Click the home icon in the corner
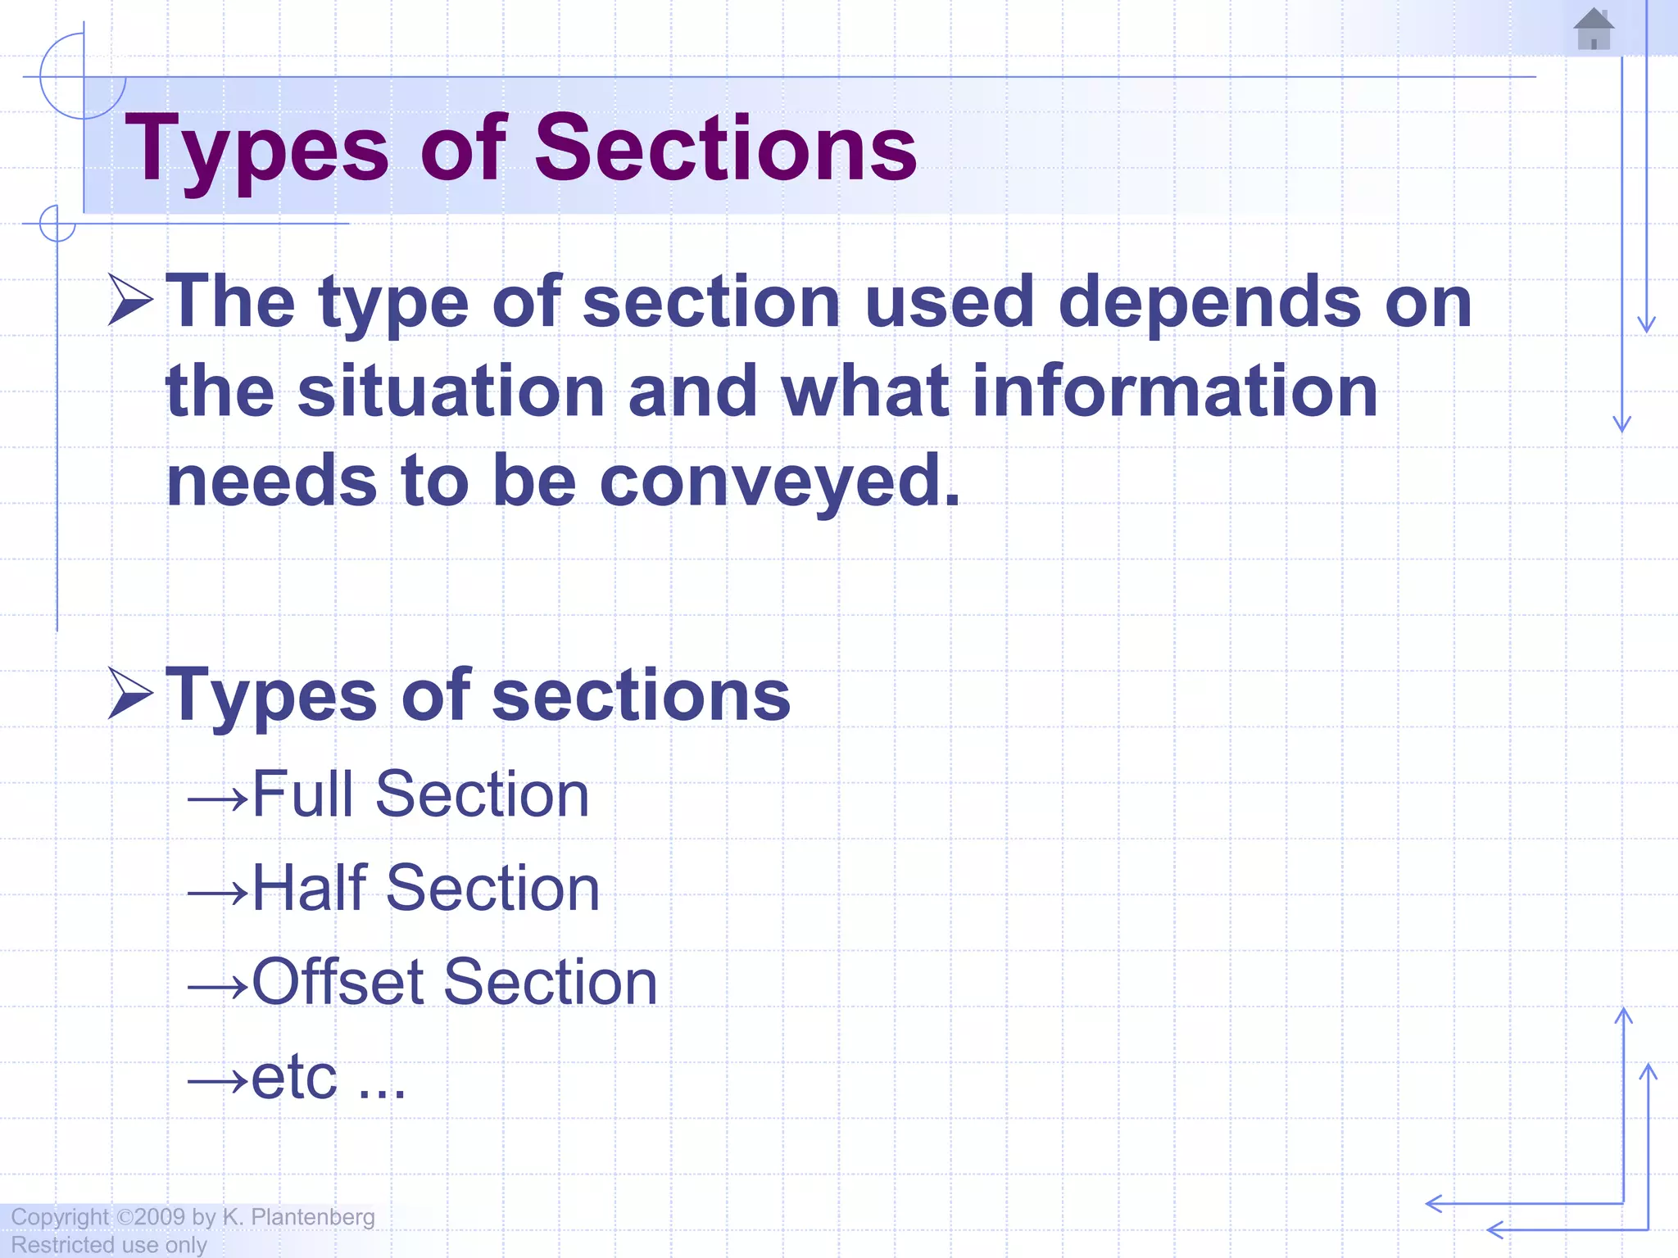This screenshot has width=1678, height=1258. pos(1593,29)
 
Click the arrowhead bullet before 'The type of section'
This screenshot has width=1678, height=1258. pos(130,300)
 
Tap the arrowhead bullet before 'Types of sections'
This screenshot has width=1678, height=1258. pos(130,693)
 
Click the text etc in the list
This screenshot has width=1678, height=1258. pos(294,1077)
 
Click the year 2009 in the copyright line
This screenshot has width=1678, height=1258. pos(160,1217)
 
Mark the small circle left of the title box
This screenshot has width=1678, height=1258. pos(57,223)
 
